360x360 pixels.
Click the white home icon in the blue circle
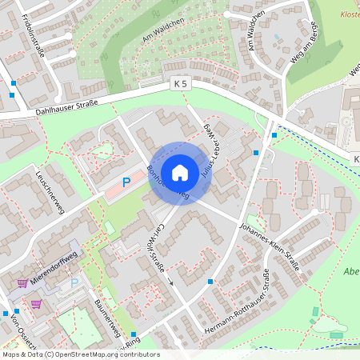(180, 173)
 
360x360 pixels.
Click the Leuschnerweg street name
(47, 190)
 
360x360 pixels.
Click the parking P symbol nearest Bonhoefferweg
(126, 182)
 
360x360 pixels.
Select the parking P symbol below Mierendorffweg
(74, 283)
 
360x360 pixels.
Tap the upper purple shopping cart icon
(22, 282)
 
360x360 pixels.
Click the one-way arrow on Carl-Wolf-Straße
(170, 282)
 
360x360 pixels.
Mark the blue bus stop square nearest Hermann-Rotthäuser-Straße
(210, 282)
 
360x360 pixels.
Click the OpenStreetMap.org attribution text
(107, 354)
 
